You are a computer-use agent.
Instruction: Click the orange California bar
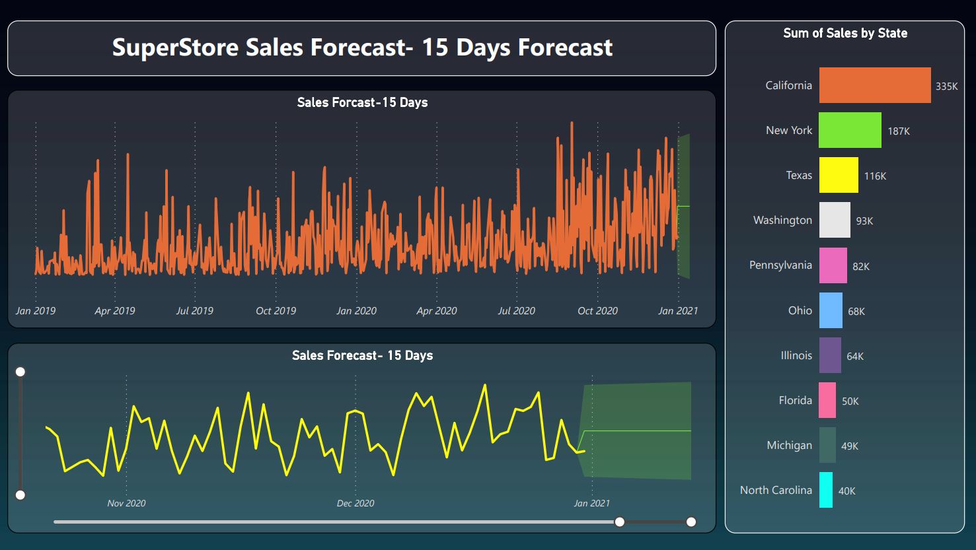874,85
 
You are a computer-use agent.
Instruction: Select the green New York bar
850,130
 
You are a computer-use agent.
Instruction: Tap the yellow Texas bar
839,175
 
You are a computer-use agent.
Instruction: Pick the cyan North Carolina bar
826,490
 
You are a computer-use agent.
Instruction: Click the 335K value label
946,86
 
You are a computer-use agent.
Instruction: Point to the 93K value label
864,221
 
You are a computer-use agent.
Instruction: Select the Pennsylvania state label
780,265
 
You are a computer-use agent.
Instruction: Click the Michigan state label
789,445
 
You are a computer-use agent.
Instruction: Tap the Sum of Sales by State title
845,33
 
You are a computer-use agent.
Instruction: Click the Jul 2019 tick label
194,310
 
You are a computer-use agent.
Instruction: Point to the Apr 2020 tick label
436,310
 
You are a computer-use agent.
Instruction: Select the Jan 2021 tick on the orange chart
677,310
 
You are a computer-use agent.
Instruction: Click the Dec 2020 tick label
356,503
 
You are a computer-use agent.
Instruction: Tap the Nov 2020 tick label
126,503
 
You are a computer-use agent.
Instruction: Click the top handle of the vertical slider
20,372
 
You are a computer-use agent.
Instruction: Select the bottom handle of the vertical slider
20,495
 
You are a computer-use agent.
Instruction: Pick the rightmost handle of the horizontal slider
691,522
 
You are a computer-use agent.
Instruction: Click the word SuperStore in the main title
175,48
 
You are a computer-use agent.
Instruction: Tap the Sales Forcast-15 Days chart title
362,102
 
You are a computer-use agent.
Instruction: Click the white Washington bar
835,220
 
